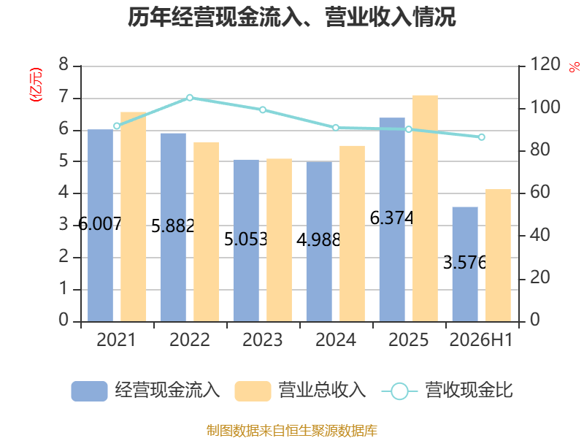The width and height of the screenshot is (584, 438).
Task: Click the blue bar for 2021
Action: (100, 226)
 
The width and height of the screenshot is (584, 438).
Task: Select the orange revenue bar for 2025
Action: (425, 209)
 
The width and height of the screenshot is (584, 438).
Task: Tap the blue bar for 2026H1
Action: (465, 264)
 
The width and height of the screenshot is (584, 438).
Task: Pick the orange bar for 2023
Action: (279, 240)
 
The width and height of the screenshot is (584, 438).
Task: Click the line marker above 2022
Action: (190, 98)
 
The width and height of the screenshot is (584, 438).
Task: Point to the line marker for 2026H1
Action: (482, 137)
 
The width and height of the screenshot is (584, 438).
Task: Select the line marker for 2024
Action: (336, 128)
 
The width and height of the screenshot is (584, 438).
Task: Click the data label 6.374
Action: (392, 218)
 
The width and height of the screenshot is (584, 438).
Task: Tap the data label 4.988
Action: (319, 240)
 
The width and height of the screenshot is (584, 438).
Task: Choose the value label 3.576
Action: (465, 263)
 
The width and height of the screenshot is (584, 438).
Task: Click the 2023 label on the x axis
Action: (263, 339)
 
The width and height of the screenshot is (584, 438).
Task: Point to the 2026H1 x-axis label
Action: (481, 339)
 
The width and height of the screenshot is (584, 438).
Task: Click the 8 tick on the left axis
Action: (64, 64)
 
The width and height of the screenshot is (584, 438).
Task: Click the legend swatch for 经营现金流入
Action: (89, 391)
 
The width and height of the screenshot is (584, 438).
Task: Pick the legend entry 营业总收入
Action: (300, 391)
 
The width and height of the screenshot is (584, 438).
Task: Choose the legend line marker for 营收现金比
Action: (399, 391)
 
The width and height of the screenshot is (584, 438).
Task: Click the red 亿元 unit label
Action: (36, 85)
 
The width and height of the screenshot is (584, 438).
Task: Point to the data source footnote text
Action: (292, 430)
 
